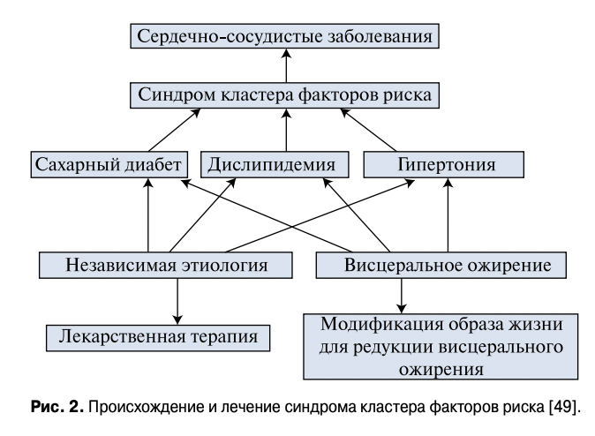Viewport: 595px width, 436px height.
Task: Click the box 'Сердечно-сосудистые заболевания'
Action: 285,38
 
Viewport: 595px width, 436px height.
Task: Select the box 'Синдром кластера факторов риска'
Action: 285,94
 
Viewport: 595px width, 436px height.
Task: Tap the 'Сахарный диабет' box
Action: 110,164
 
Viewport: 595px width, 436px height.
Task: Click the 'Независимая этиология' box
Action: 166,263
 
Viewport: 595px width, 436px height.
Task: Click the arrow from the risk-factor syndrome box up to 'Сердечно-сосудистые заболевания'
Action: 285,66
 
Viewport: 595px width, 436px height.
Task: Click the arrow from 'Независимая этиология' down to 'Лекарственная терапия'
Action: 177,299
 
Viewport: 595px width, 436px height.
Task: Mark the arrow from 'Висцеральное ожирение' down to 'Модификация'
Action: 401,290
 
